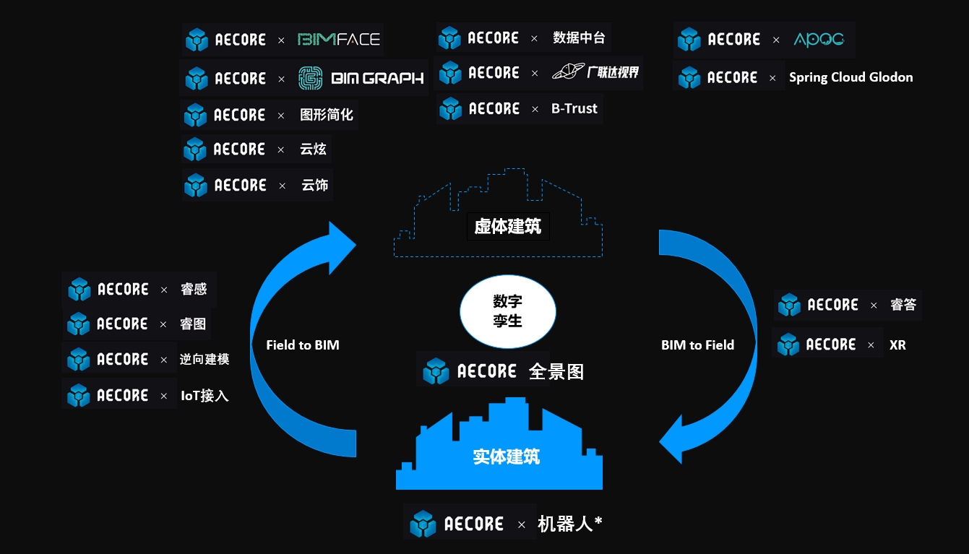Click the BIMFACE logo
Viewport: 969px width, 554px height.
[339, 39]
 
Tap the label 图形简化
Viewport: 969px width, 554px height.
[327, 115]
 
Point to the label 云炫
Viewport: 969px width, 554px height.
[313, 150]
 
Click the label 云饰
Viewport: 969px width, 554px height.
[314, 186]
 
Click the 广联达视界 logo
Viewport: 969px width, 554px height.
[595, 72]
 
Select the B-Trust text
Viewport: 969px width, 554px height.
[574, 109]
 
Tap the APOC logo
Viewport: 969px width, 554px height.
[818, 39]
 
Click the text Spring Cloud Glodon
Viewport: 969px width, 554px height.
[850, 77]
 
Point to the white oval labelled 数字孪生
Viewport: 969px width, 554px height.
[508, 311]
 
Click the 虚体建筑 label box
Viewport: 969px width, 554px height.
[507, 226]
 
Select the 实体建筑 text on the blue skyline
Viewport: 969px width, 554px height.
[506, 456]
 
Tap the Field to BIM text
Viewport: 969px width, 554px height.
[302, 345]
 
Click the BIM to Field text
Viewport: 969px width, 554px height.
[697, 345]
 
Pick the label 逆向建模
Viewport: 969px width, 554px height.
[204, 360]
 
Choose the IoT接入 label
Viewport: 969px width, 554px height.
[204, 396]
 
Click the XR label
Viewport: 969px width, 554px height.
[897, 345]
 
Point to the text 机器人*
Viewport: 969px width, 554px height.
[569, 524]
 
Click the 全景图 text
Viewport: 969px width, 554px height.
[556, 372]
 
